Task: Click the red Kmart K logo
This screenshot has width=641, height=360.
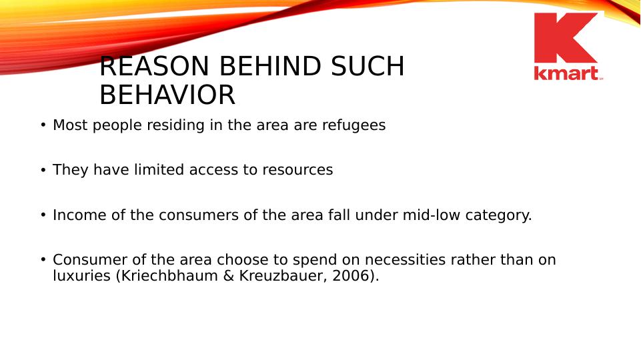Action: (x=566, y=38)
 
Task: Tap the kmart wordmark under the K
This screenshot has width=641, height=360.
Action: (x=566, y=73)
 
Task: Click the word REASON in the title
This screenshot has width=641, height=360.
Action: (x=154, y=66)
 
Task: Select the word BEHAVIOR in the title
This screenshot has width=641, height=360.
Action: (x=167, y=95)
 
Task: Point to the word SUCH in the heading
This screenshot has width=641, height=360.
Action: (x=368, y=66)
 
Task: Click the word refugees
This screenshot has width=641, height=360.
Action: (x=354, y=125)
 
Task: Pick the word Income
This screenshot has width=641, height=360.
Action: (x=79, y=215)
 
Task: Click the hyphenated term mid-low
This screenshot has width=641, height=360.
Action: (x=432, y=215)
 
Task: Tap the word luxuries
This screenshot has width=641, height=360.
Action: (x=82, y=276)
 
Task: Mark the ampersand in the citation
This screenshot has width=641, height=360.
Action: (x=228, y=276)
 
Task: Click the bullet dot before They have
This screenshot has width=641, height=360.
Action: (x=43, y=170)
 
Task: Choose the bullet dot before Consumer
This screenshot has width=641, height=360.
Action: (x=43, y=259)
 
